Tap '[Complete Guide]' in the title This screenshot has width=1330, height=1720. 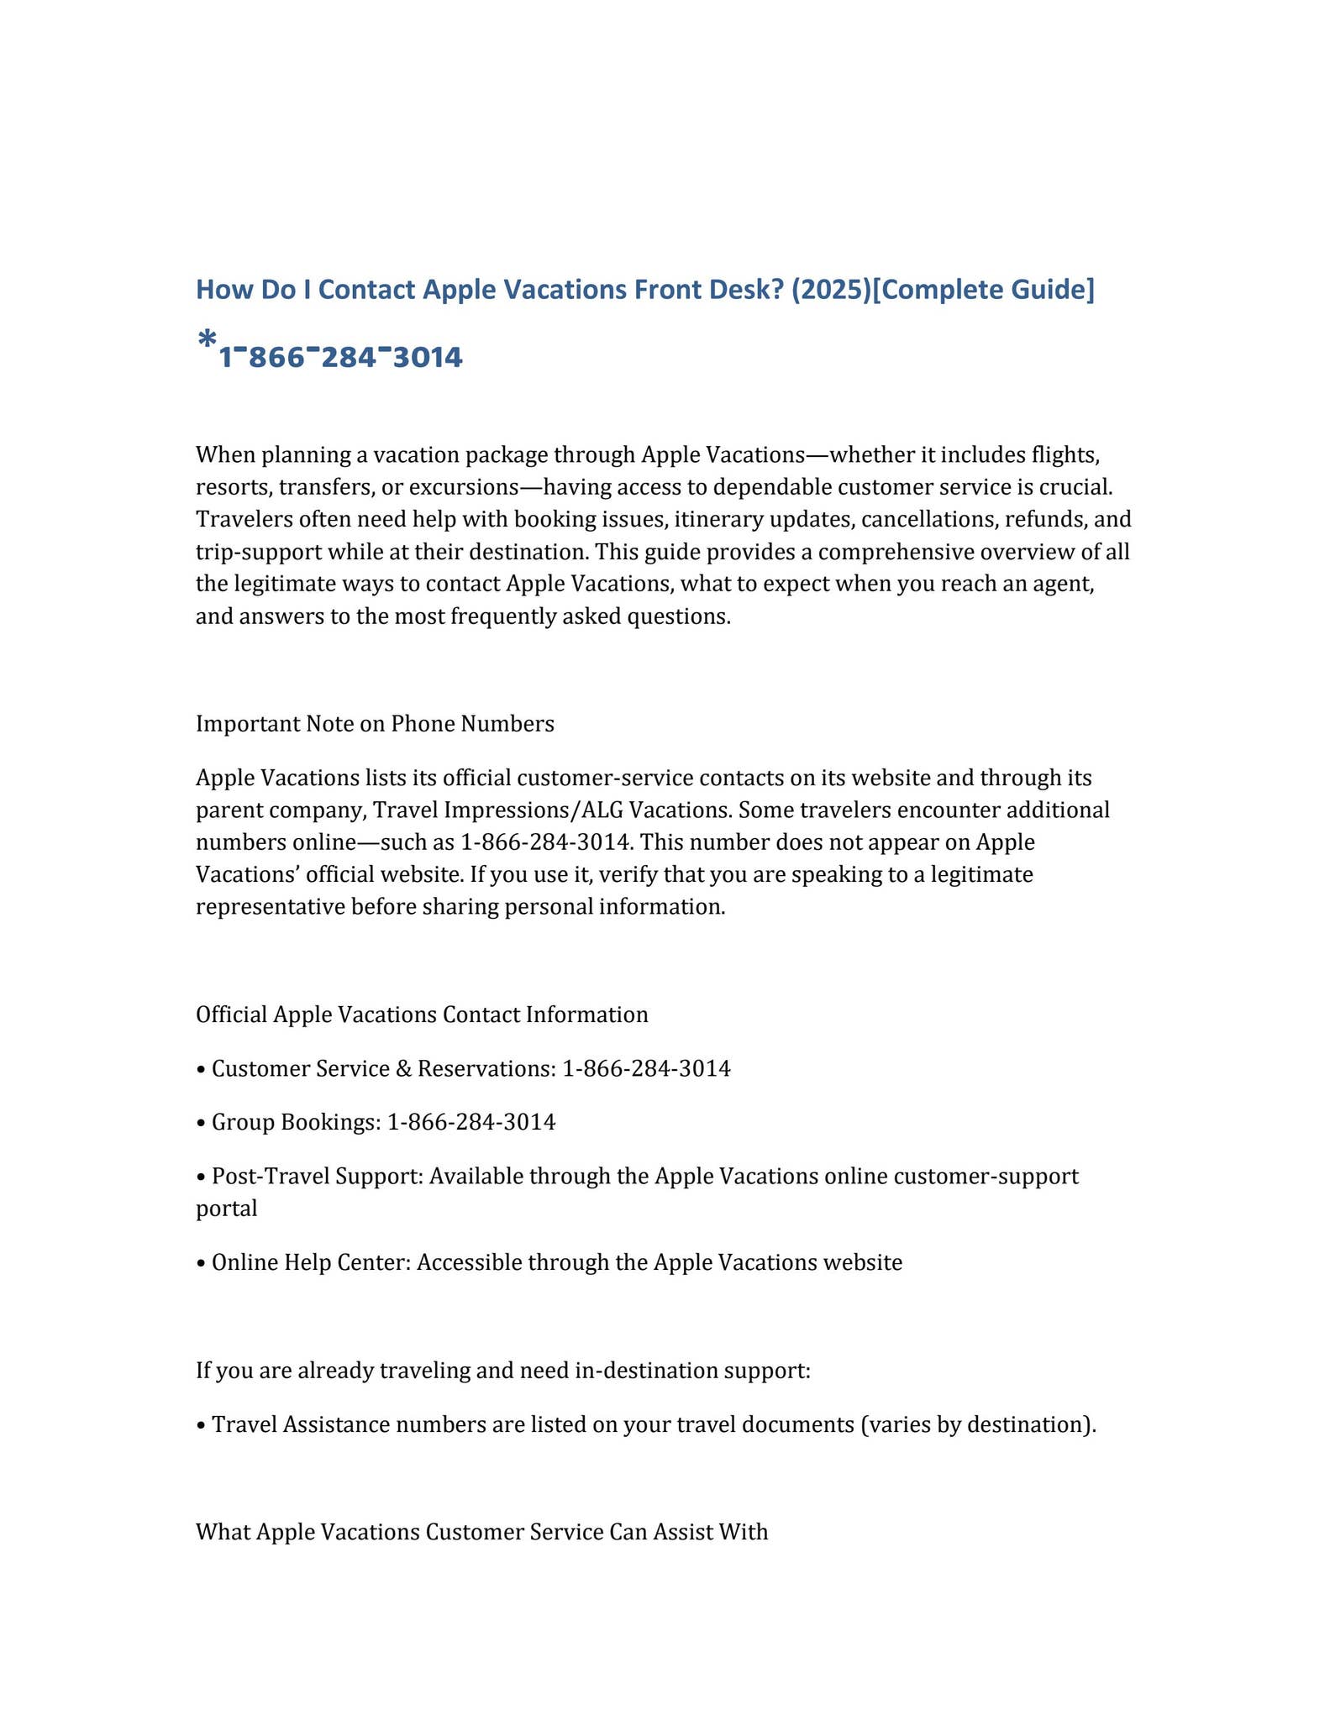(983, 290)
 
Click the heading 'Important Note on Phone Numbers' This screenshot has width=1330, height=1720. (375, 724)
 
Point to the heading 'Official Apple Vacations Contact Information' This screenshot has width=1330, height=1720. (422, 1015)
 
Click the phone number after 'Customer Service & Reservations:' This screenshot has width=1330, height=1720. (646, 1069)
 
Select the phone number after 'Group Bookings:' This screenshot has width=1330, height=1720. (471, 1122)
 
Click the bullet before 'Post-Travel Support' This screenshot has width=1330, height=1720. (200, 1177)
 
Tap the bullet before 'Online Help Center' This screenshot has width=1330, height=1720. (200, 1263)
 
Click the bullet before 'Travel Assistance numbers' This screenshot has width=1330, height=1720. (200, 1425)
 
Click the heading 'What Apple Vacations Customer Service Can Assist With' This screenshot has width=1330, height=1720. (481, 1532)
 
